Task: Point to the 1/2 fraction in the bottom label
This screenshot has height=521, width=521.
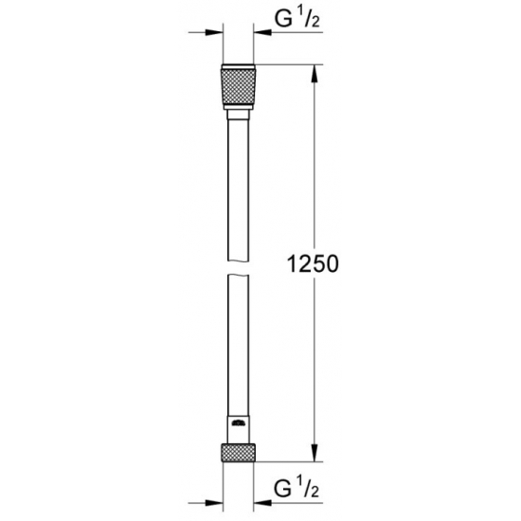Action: (x=306, y=492)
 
